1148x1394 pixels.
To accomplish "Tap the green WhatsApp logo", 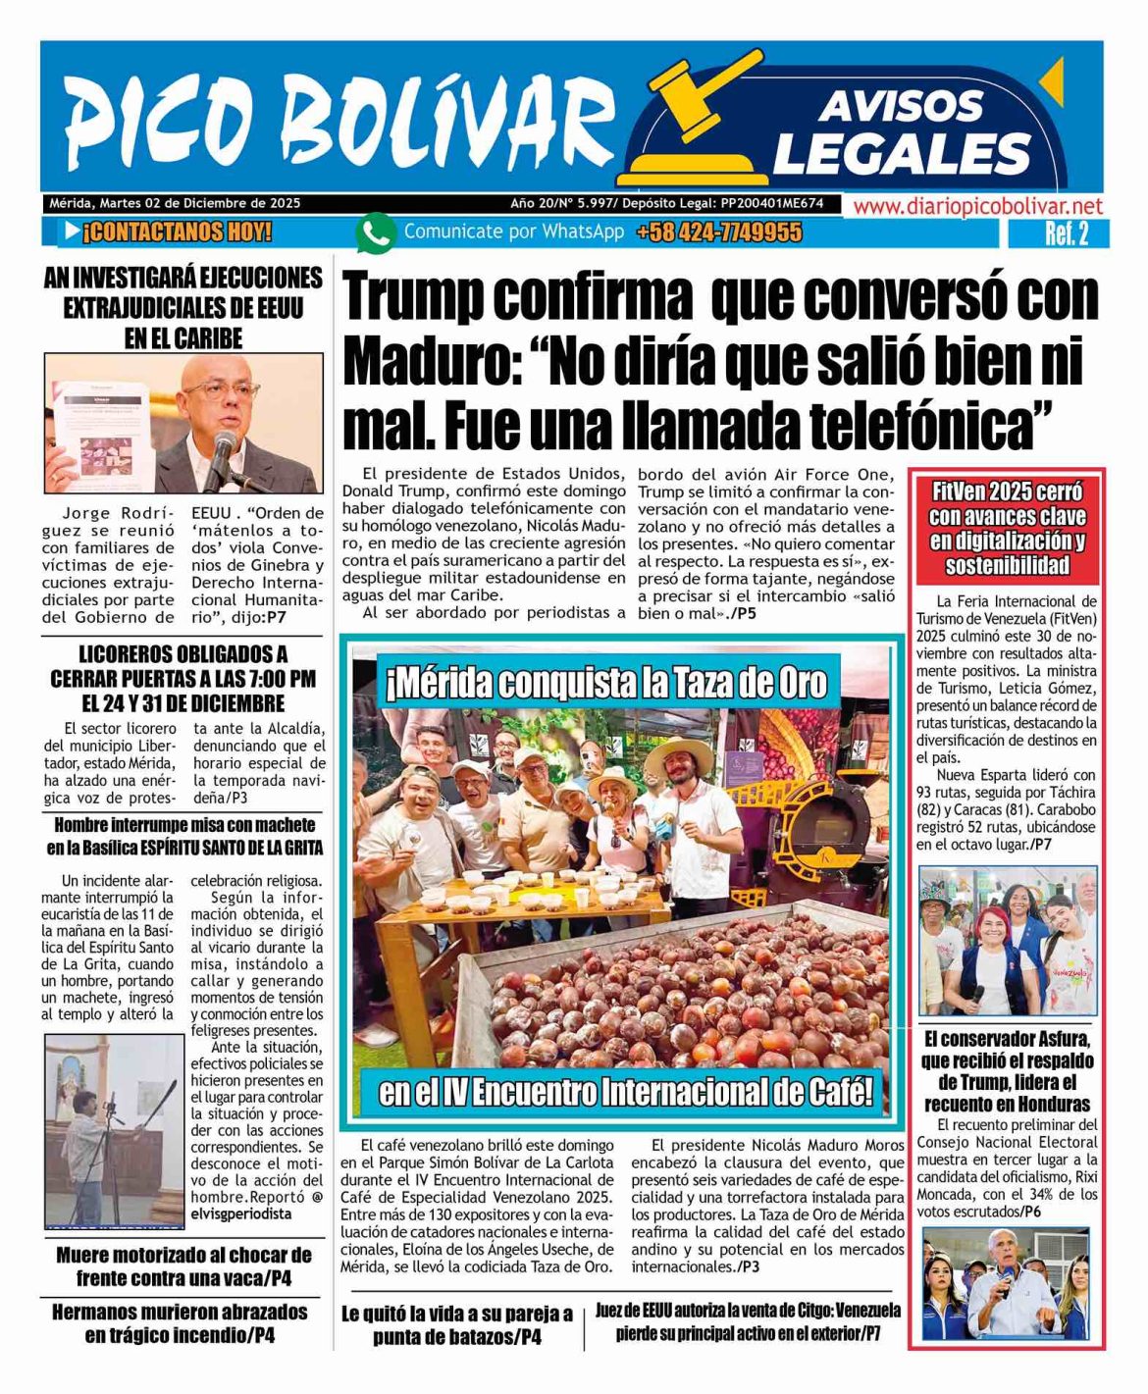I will coord(375,233).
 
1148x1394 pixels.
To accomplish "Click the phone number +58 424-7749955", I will coord(718,233).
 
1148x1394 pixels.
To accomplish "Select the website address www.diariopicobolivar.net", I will coord(977,206).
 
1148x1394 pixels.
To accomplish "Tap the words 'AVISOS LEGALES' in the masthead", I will coord(901,132).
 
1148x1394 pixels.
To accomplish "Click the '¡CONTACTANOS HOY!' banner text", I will coord(177,233).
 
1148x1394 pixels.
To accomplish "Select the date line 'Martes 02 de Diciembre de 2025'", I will coord(200,204).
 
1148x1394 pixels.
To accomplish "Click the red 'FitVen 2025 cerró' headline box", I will coord(1007,528).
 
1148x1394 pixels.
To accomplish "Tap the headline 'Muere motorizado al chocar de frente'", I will coord(183,1266).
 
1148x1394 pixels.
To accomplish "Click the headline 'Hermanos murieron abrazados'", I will coord(180,1322).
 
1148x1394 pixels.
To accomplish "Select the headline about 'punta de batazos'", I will coord(457,1325).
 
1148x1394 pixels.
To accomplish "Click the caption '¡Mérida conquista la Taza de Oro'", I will coord(606,684).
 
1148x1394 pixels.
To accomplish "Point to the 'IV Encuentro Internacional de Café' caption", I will coord(625,1091).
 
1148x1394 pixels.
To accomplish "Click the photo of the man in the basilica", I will coord(114,1130).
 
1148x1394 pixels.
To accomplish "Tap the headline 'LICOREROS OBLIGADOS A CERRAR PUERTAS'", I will coord(183,678).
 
